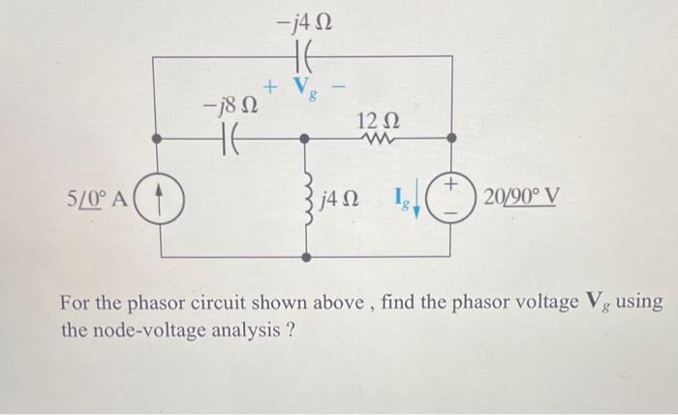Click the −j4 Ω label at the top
point(304,20)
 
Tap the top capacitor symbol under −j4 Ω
point(304,56)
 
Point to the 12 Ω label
point(376,122)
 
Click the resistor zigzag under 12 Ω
point(376,139)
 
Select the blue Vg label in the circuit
point(304,90)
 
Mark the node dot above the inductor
point(306,139)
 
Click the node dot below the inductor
point(306,259)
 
